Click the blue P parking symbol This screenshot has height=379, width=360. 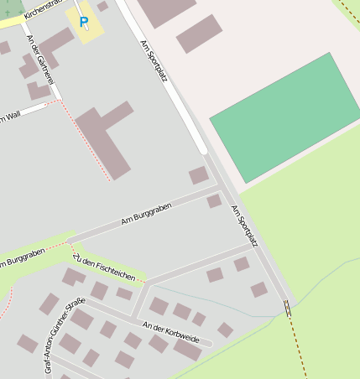pyautogui.click(x=83, y=23)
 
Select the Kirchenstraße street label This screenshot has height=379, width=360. pyautogui.click(x=42, y=9)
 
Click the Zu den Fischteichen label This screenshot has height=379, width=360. pyautogui.click(x=104, y=267)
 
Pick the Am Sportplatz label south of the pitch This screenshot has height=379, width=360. pyautogui.click(x=244, y=226)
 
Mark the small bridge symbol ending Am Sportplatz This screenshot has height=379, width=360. pyautogui.click(x=289, y=308)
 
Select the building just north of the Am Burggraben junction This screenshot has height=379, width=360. pyautogui.click(x=199, y=175)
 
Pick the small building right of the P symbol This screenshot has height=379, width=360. pyautogui.click(x=102, y=7)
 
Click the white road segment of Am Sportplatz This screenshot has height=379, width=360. pyautogui.click(x=176, y=92)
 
